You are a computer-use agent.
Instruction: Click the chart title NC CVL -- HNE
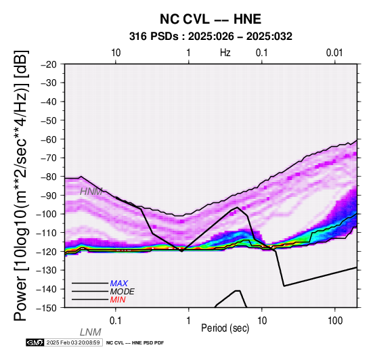pyautogui.click(x=211, y=19)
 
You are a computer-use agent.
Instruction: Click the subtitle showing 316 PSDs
pyautogui.click(x=211, y=37)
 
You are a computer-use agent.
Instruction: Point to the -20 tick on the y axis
pyautogui.click(x=49, y=64)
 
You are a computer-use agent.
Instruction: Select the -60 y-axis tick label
pyautogui.click(x=49, y=139)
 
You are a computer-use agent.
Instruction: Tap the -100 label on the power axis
pyautogui.click(x=47, y=214)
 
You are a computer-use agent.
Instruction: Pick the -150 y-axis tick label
pyautogui.click(x=47, y=308)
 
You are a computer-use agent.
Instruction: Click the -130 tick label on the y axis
pyautogui.click(x=47, y=270)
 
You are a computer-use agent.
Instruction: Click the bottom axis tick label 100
pyautogui.click(x=335, y=321)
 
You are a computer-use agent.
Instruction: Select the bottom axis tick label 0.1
pyautogui.click(x=116, y=321)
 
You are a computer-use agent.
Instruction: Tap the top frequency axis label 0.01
pyautogui.click(x=334, y=53)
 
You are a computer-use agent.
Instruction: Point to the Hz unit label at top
pyautogui.click(x=225, y=53)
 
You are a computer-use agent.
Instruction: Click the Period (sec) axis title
pyautogui.click(x=225, y=328)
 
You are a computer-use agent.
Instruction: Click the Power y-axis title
pyautogui.click(x=21, y=185)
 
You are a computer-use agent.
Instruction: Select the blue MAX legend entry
pyautogui.click(x=119, y=284)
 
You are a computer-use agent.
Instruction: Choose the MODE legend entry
pyautogui.click(x=123, y=292)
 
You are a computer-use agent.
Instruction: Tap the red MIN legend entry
pyautogui.click(x=118, y=300)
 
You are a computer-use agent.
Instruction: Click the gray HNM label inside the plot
pyautogui.click(x=91, y=192)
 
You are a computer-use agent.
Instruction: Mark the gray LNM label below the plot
pyautogui.click(x=91, y=332)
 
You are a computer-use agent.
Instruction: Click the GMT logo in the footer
pyautogui.click(x=35, y=342)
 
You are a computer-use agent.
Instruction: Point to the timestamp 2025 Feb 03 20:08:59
pyautogui.click(x=73, y=342)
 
